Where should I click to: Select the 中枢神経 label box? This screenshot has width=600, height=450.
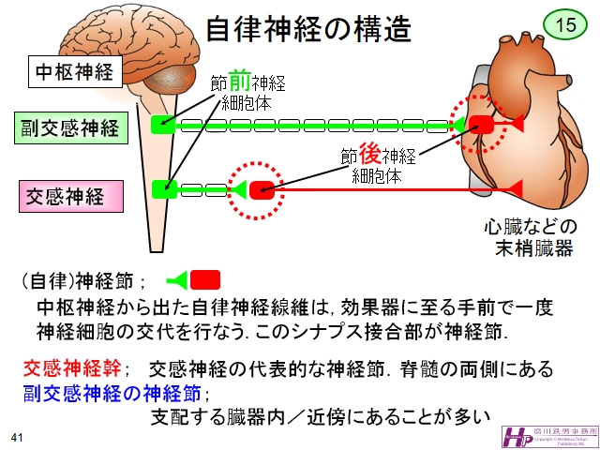coord(74,71)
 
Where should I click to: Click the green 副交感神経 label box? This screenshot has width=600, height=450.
coord(72,127)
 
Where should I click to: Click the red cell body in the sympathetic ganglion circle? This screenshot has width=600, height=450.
coord(262,189)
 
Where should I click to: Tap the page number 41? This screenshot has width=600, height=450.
coord(17,438)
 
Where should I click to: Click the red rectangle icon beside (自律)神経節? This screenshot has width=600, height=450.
coord(204,278)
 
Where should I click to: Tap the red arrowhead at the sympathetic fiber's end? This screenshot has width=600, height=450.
coord(513,189)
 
